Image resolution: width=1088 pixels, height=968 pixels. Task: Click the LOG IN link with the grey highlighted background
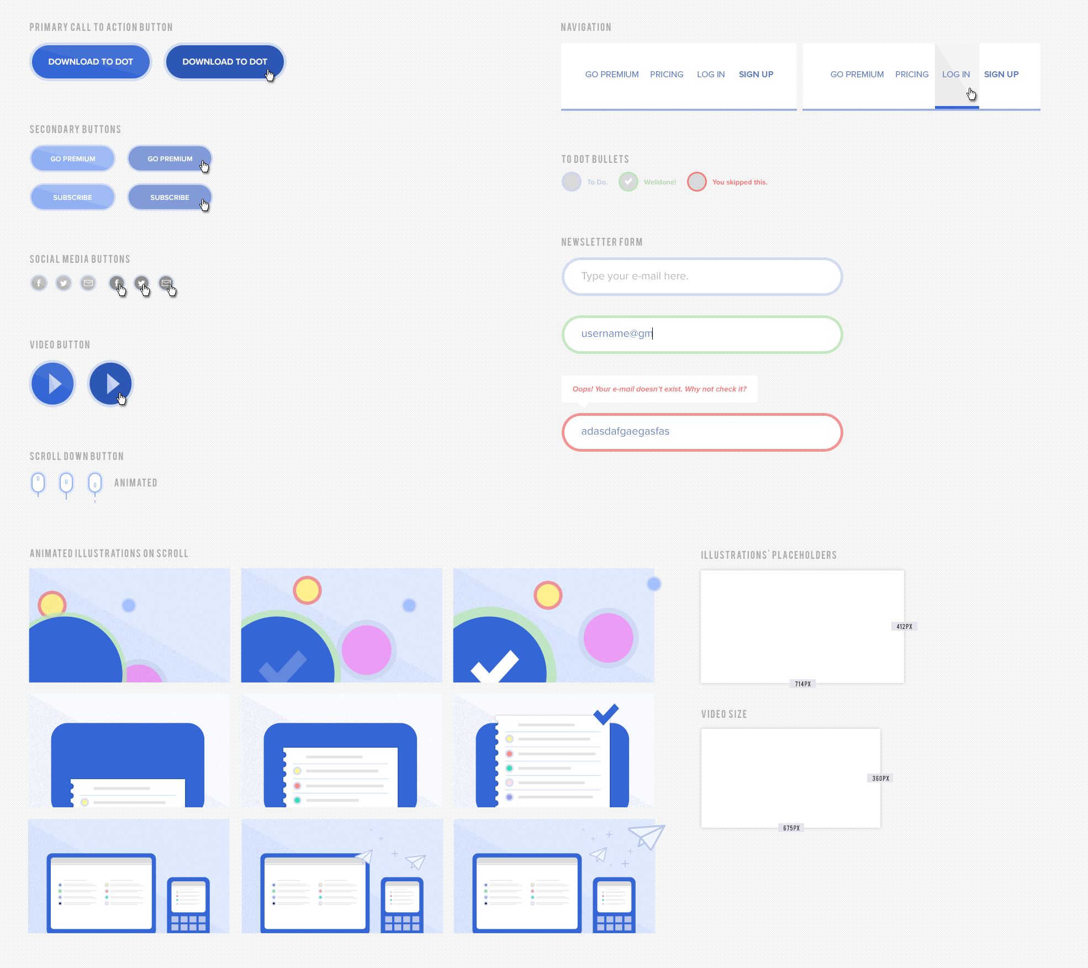pos(956,75)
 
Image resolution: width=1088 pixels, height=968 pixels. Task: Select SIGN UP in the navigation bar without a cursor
pos(756,75)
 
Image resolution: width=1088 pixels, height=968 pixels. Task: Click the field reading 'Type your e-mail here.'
pos(702,276)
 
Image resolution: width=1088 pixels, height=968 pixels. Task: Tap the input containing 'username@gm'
pos(702,334)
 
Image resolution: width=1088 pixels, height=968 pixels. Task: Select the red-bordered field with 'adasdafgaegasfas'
pos(702,431)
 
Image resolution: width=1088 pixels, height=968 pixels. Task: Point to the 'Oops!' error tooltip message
pos(659,389)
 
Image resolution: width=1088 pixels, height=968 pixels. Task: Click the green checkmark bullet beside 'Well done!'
pos(628,181)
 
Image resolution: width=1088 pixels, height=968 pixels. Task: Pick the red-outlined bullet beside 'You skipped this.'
pos(697,181)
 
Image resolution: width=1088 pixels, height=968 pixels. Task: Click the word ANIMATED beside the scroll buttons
pos(136,483)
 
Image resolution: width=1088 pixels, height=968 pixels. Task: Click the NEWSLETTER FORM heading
pos(601,242)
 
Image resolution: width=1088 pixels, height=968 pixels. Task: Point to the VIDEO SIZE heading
pos(723,714)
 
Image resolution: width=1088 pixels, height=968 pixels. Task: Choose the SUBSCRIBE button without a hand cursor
pos(72,197)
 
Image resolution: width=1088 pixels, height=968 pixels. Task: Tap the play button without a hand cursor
pos(53,384)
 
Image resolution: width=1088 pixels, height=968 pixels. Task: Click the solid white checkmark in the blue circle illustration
pos(495,667)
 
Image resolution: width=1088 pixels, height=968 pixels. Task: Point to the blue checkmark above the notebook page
pos(606,713)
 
